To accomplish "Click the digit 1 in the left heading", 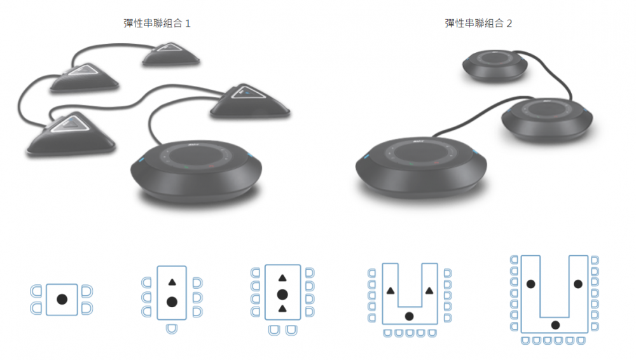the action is click(188, 24).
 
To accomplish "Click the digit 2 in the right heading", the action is click(509, 24).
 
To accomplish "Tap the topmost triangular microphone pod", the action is click(170, 54).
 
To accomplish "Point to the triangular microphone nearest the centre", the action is click(249, 102).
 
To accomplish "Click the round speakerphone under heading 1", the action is click(197, 170).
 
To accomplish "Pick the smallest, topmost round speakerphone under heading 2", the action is click(495, 65).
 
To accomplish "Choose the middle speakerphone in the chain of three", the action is click(547, 120).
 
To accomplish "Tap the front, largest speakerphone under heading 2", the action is click(421, 167).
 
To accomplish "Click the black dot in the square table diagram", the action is click(62, 300).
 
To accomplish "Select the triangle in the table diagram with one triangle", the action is click(172, 282).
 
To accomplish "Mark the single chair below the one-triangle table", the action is click(172, 328).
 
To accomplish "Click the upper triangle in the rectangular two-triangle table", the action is click(282, 278).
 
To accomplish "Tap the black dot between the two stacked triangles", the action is click(282, 294).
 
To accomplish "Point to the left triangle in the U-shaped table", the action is click(391, 291).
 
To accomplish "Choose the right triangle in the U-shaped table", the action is click(429, 291).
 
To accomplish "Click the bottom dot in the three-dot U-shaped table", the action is click(556, 324).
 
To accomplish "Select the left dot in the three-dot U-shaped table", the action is click(530, 284).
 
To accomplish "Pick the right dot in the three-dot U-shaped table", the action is click(578, 284).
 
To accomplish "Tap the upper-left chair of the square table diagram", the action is click(36, 291).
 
